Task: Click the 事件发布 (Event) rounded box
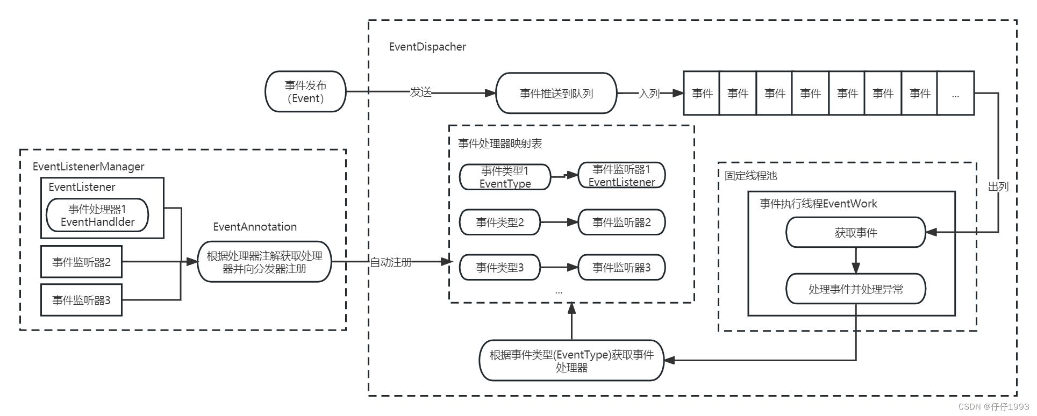point(305,92)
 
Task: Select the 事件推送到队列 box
point(556,94)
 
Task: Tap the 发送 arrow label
point(420,92)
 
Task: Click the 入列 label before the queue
point(649,94)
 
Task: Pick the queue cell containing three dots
point(955,94)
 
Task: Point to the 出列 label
point(998,187)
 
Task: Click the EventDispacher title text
point(427,47)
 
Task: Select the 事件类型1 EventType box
point(505,177)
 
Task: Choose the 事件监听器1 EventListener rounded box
point(621,176)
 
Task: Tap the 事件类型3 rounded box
point(499,268)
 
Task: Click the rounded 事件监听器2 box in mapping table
point(621,223)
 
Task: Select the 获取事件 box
point(855,233)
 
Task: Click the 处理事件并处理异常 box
point(855,289)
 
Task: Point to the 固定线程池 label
point(750,176)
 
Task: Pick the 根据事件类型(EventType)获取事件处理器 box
point(571,361)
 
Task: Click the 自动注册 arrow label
point(391,262)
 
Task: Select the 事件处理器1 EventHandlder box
point(97,216)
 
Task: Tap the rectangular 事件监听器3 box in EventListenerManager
point(81,300)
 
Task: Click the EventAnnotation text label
point(255,227)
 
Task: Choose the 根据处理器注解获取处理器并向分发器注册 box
point(264,262)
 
